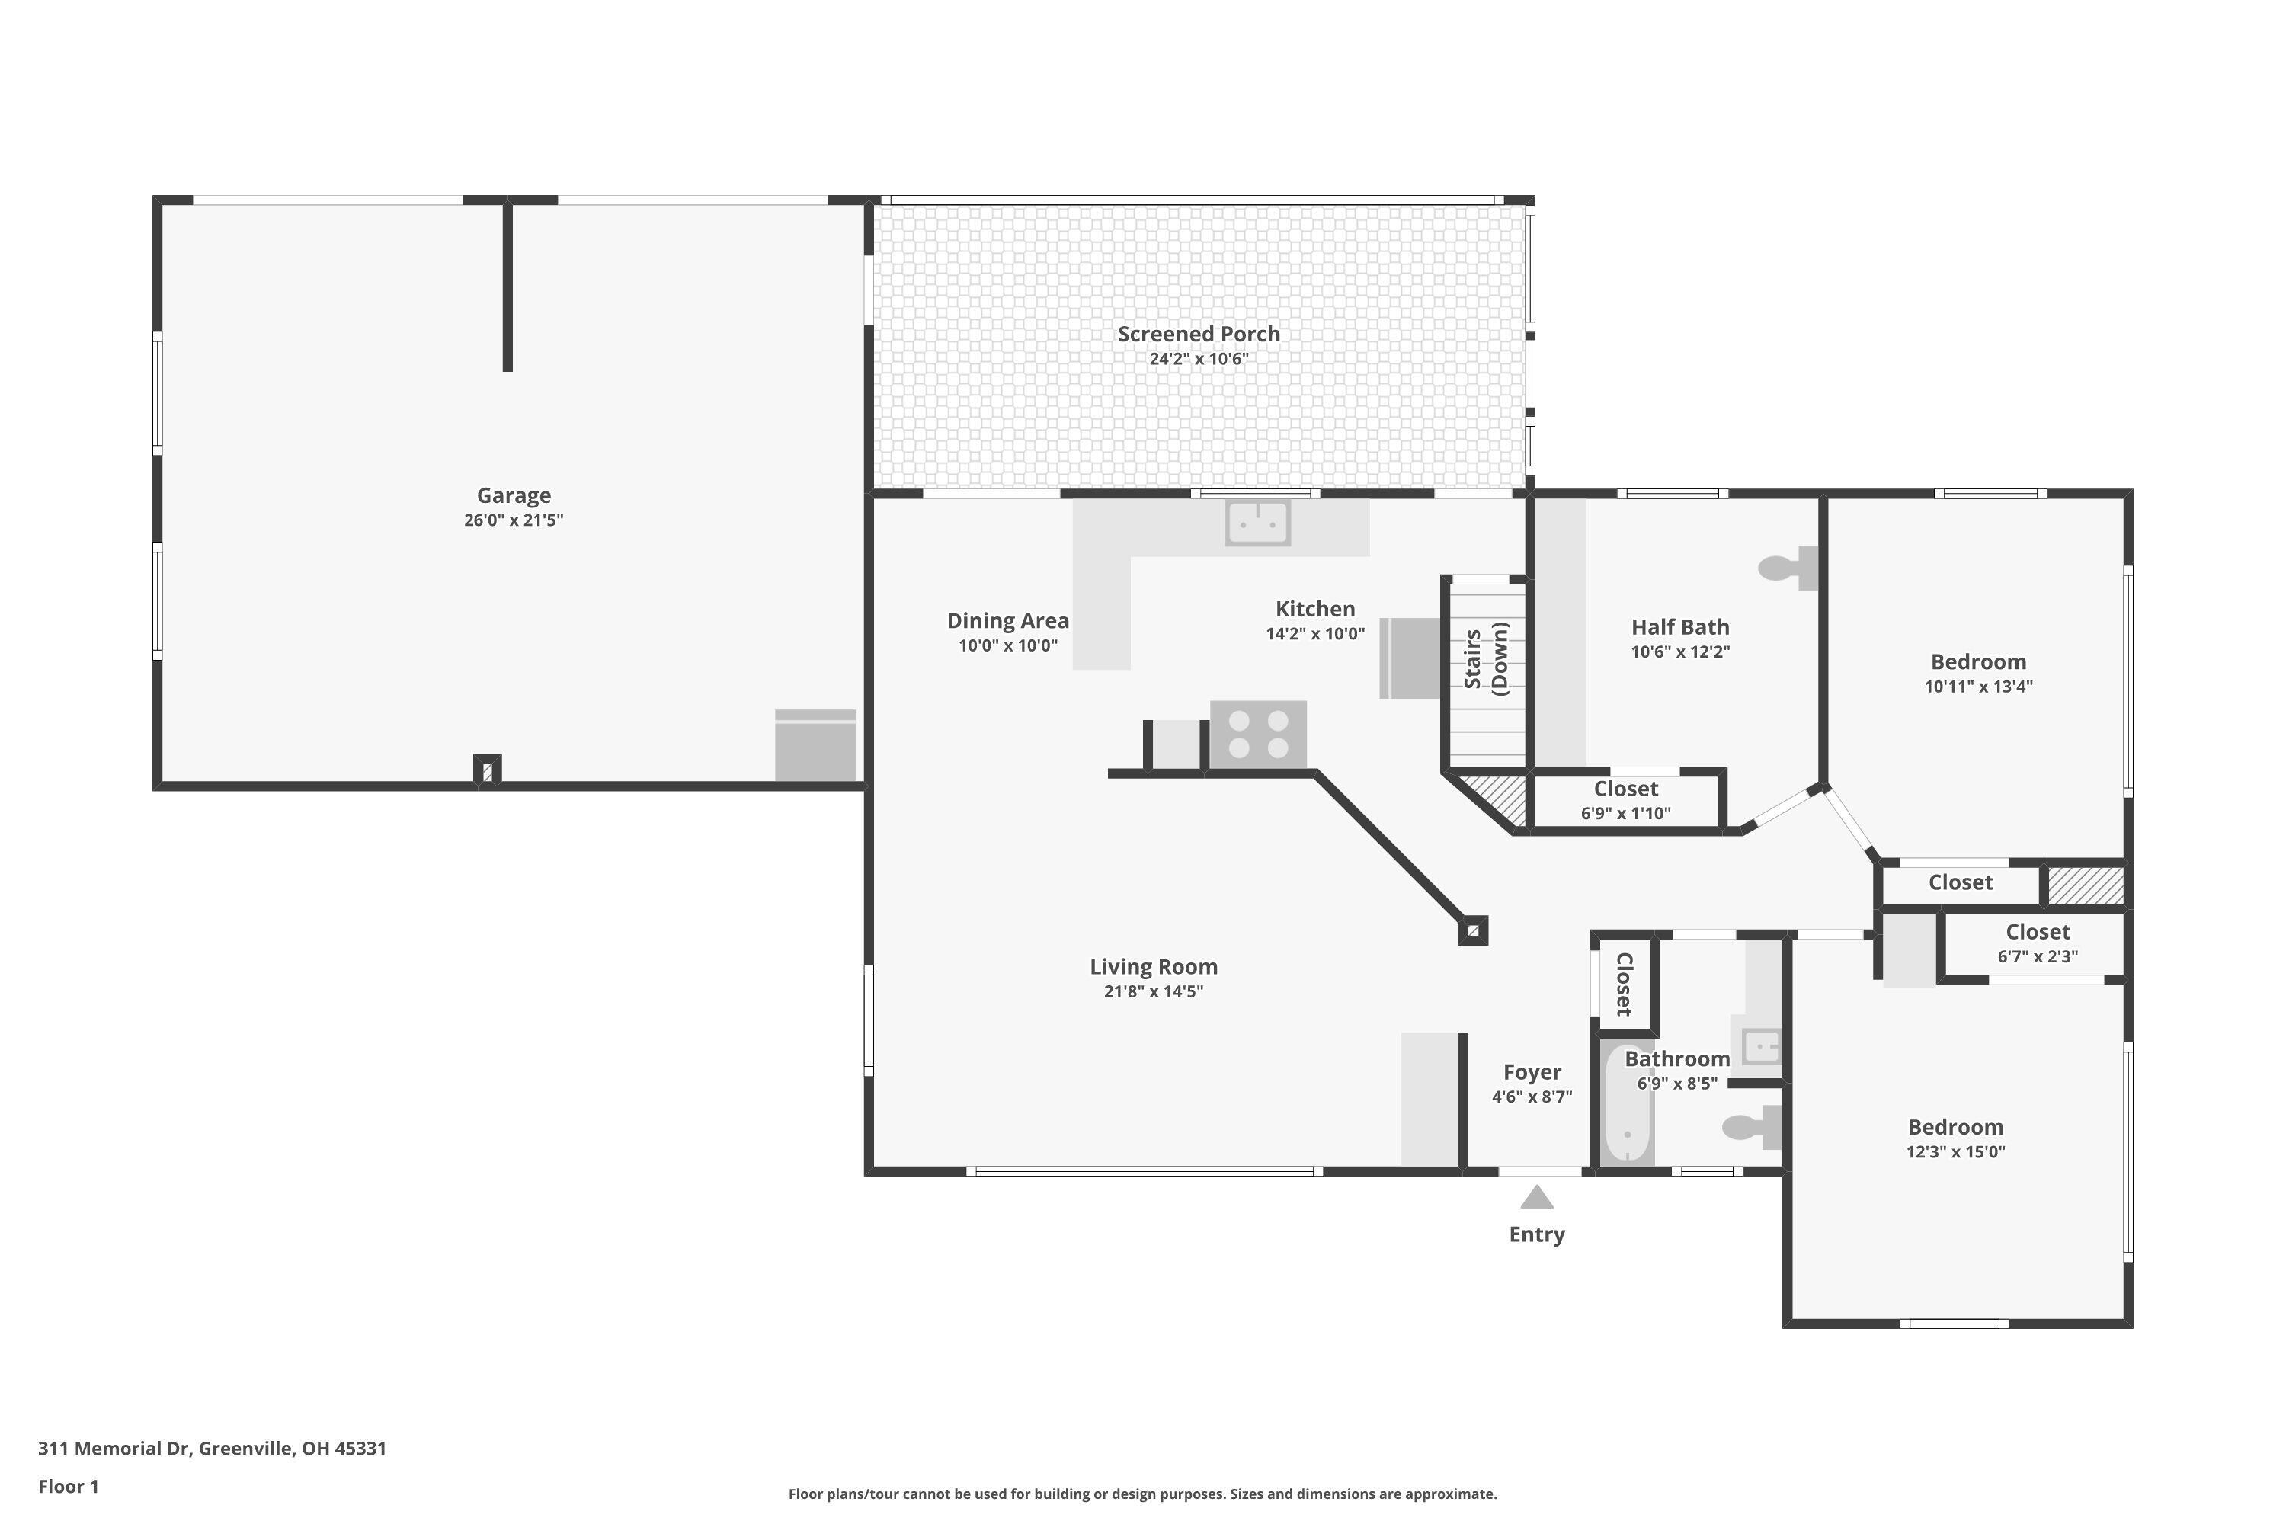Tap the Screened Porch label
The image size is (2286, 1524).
click(x=1199, y=335)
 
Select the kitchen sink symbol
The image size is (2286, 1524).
click(x=1258, y=523)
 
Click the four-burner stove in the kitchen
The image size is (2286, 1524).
click(x=1258, y=734)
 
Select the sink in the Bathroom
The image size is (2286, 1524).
click(x=1760, y=1047)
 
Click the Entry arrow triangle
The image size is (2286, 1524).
click(x=1537, y=1197)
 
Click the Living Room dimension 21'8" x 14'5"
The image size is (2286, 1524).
click(x=1153, y=991)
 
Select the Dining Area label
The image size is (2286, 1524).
click(x=1008, y=621)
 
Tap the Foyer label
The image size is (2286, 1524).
click(x=1532, y=1072)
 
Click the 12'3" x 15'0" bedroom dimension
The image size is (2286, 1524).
click(x=1955, y=1151)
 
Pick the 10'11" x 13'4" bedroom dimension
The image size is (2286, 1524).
click(x=1978, y=687)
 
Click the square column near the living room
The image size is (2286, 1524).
click(x=1472, y=931)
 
